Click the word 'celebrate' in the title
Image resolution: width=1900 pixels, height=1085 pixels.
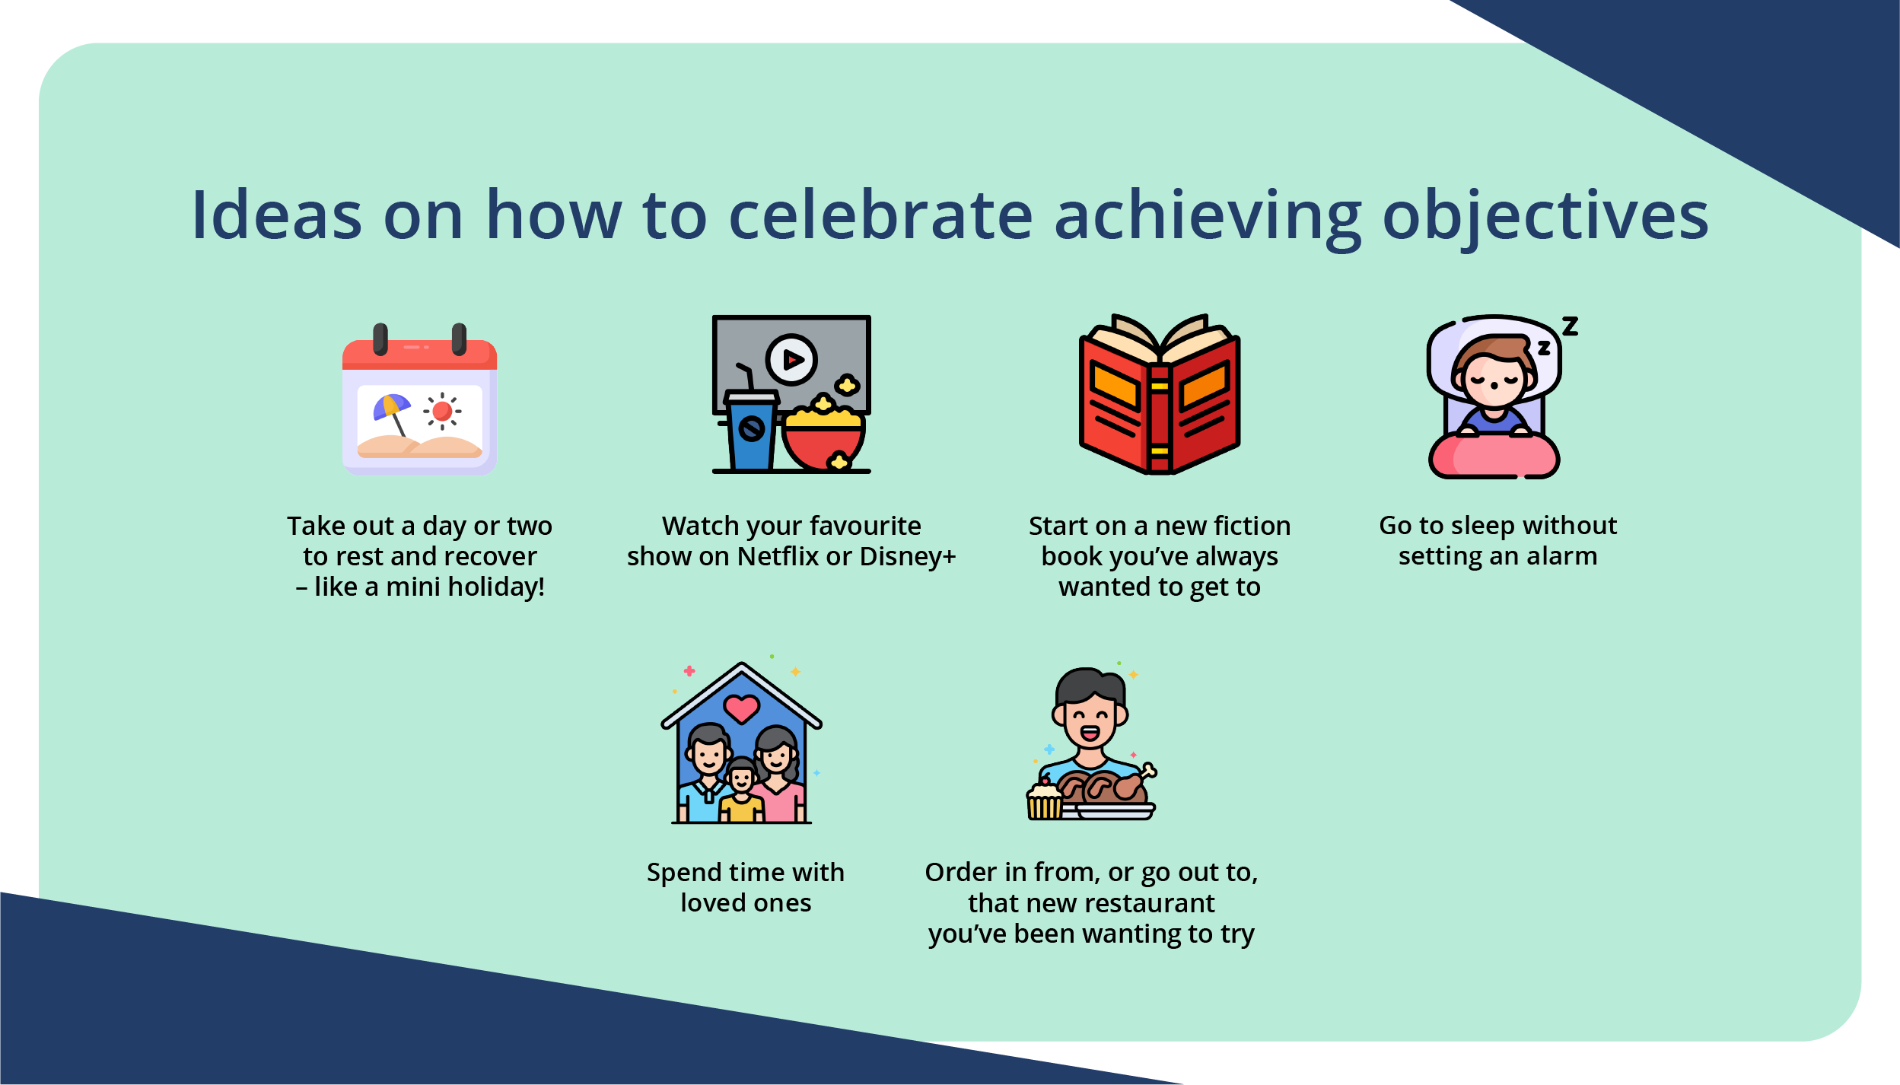[x=880, y=216]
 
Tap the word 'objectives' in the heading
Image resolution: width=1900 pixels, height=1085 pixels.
[x=1545, y=218]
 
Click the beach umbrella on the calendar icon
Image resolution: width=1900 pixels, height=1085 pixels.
[x=390, y=408]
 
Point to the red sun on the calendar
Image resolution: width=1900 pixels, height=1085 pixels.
[x=442, y=412]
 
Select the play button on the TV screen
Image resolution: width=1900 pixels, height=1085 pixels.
[x=791, y=359]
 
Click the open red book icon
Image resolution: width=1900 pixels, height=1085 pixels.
[x=1160, y=396]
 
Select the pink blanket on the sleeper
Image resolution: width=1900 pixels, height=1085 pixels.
[x=1493, y=457]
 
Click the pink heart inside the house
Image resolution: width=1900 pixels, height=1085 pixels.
[x=741, y=708]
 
